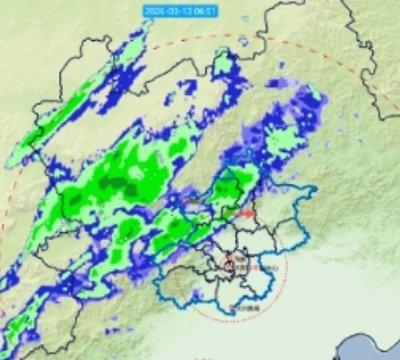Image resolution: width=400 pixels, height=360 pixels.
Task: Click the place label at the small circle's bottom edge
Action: (x=239, y=310)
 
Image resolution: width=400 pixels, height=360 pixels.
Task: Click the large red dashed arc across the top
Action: (x=300, y=44)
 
